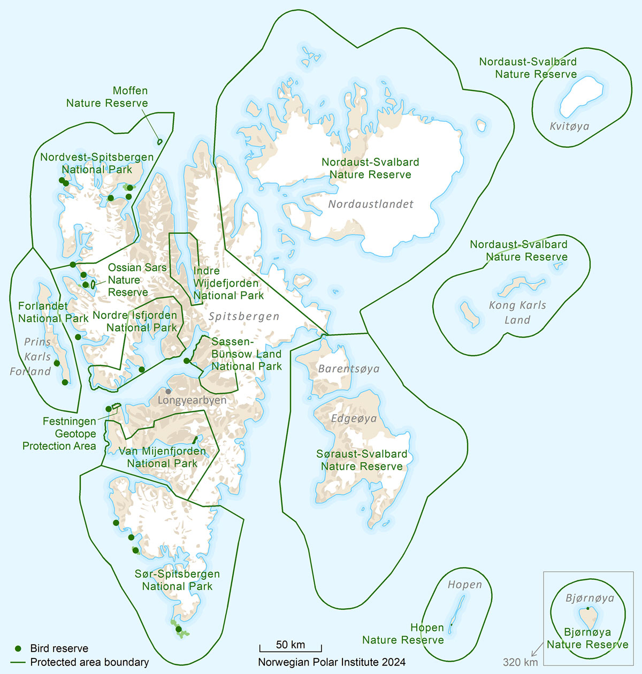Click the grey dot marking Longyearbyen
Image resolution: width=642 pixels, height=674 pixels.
click(169, 392)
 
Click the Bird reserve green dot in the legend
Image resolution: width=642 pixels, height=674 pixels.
click(18, 648)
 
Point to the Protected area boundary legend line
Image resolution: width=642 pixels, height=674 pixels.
click(18, 662)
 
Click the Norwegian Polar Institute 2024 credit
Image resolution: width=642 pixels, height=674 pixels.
click(332, 662)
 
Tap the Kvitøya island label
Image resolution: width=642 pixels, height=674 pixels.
click(569, 126)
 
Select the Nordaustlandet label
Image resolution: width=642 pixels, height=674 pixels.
click(371, 204)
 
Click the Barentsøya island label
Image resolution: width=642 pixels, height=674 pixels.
click(348, 369)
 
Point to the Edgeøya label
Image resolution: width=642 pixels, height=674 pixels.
click(354, 418)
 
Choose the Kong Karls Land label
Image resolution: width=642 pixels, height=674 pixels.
click(517, 312)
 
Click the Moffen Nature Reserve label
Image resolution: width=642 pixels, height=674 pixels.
click(107, 97)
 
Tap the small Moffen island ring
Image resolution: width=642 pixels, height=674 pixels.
click(159, 142)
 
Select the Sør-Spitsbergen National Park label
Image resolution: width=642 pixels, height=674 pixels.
click(177, 580)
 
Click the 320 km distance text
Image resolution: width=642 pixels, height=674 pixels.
click(520, 662)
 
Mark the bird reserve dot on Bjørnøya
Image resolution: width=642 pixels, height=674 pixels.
click(587, 609)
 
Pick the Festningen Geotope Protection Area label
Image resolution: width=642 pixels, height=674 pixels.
click(59, 434)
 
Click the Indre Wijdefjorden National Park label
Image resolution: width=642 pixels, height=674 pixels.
click(228, 283)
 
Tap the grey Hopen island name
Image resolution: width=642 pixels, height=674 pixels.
click(464, 585)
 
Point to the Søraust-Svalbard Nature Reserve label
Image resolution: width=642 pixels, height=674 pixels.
click(362, 460)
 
